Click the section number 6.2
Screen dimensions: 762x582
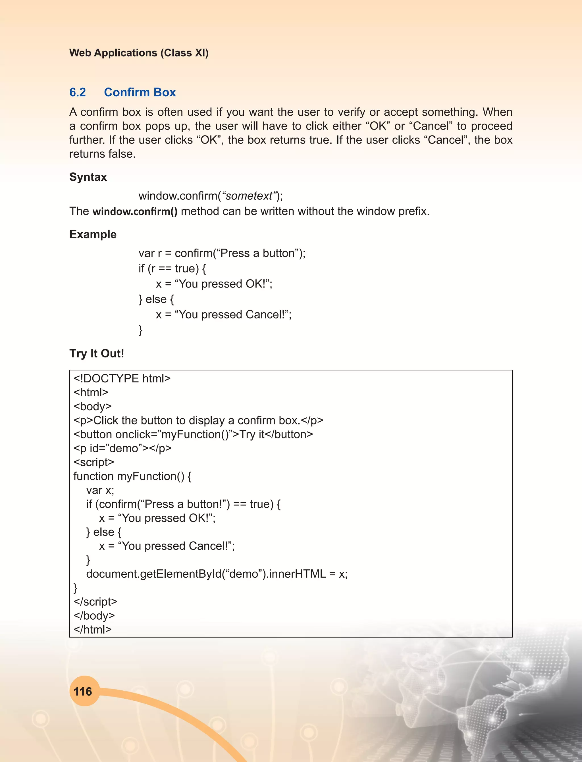tap(78, 92)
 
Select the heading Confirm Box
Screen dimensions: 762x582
tap(140, 92)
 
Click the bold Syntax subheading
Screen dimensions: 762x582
tap(88, 177)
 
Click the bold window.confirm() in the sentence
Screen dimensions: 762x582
tap(135, 211)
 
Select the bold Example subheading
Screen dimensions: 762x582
tap(93, 234)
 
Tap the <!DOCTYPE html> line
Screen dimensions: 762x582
tap(122, 378)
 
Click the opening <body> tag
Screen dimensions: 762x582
tap(92, 406)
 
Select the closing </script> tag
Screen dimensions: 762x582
tap(95, 602)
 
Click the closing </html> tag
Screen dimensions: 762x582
tap(92, 629)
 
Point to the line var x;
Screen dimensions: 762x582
tap(100, 490)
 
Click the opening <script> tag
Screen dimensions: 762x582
tap(93, 462)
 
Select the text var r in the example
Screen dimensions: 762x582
tap(150, 253)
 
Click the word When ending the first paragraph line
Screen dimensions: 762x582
tap(498, 112)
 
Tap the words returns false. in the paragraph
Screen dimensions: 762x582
tap(103, 154)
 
